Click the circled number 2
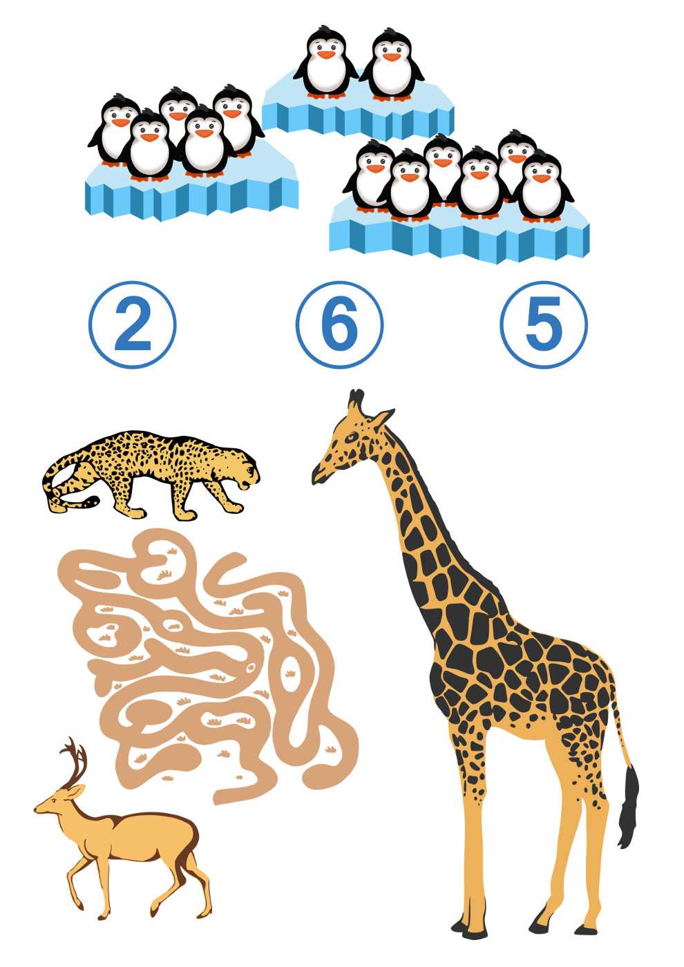(x=133, y=325)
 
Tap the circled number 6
(x=339, y=325)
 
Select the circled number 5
(x=544, y=325)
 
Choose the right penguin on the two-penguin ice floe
(x=392, y=64)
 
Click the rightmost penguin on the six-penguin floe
(x=542, y=186)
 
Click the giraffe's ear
(x=383, y=418)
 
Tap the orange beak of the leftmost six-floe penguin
(x=375, y=169)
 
